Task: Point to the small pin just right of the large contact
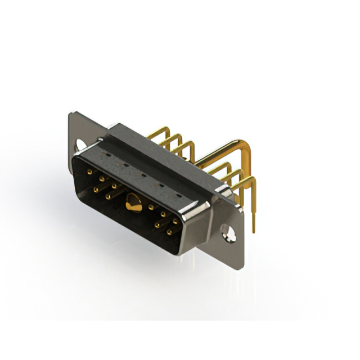pyautogui.click(x=151, y=207)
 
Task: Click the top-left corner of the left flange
pyautogui.click(x=70, y=115)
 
